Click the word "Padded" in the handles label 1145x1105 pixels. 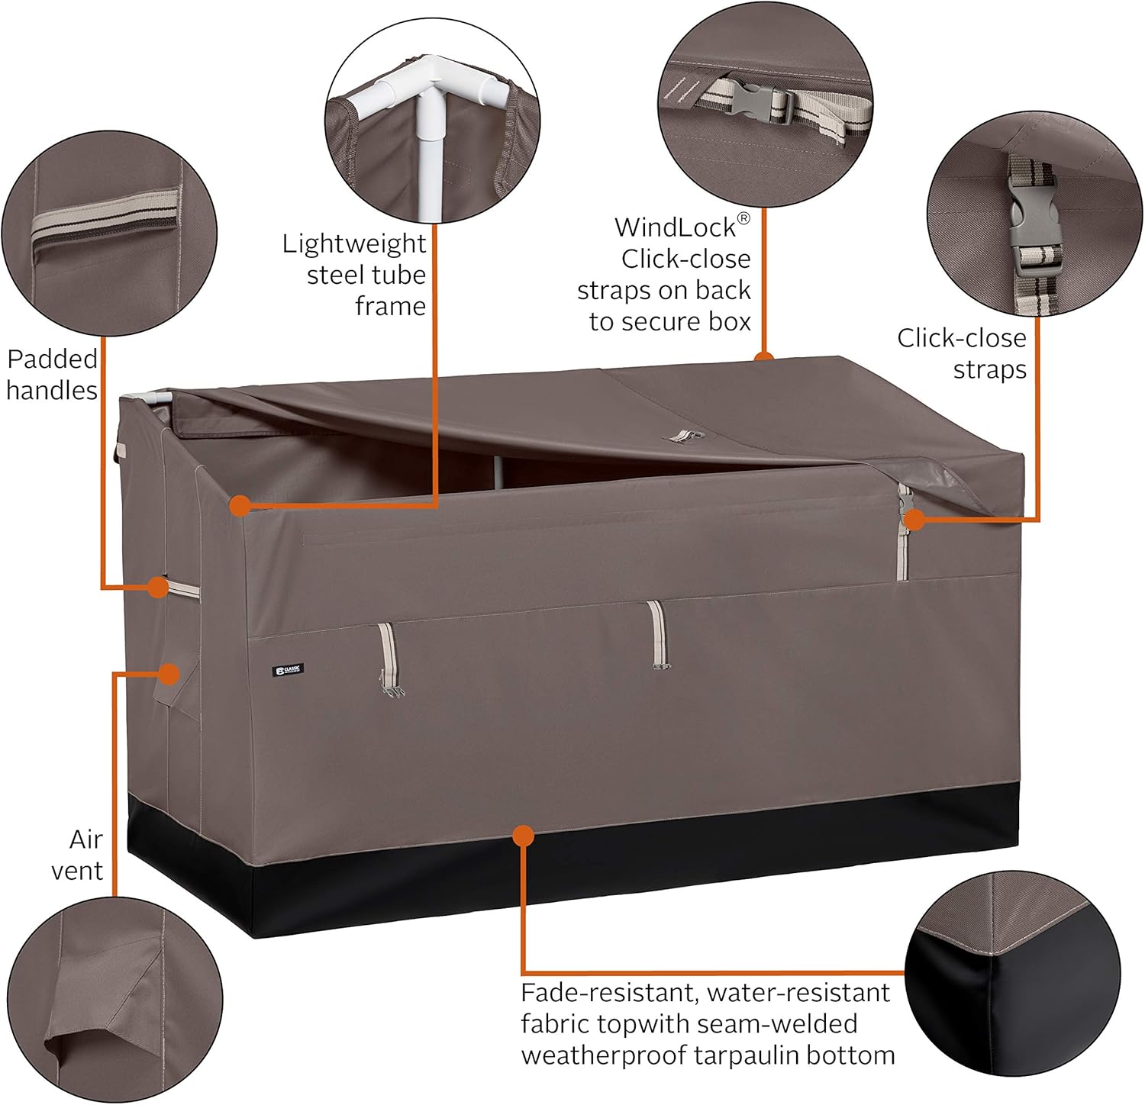(52, 359)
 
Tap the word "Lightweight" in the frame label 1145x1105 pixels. (354, 243)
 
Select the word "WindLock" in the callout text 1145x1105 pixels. (675, 227)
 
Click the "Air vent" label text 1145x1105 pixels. (77, 855)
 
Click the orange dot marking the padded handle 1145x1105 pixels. (157, 587)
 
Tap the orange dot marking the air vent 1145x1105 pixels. (169, 674)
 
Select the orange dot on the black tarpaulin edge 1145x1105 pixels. (523, 836)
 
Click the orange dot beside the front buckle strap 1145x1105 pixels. (914, 520)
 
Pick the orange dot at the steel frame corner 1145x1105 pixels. (240, 504)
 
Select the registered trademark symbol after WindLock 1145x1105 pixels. (743, 219)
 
